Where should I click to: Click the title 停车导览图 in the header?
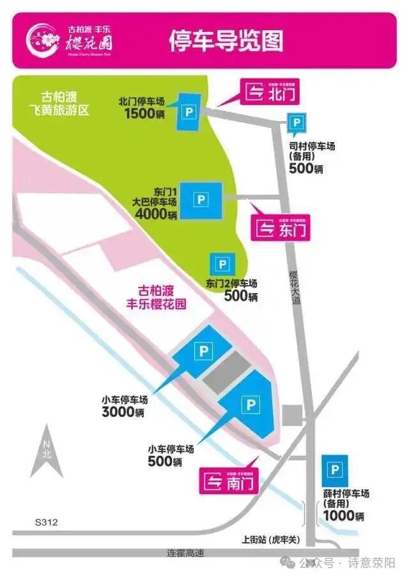[x=225, y=41]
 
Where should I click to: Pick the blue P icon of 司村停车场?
[x=296, y=123]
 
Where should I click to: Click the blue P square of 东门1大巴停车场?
[x=201, y=200]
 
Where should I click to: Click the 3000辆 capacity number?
[x=123, y=412]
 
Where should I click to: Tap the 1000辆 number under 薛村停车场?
[x=343, y=515]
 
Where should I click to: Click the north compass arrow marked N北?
[x=47, y=453]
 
